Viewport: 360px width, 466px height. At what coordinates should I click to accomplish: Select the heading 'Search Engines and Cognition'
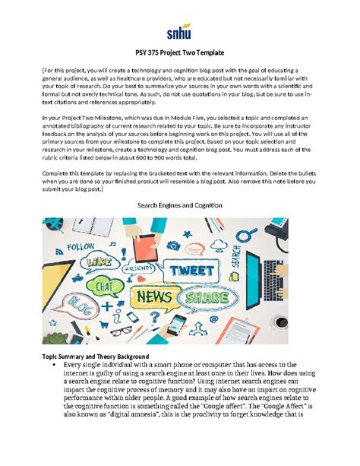coord(180,205)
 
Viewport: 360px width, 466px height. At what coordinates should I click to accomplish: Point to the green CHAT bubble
coord(105,286)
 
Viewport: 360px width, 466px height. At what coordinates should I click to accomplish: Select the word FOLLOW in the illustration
coord(81,246)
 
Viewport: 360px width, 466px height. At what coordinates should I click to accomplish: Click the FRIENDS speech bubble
coord(137,268)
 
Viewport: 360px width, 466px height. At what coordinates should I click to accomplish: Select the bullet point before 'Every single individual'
coord(56,366)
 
